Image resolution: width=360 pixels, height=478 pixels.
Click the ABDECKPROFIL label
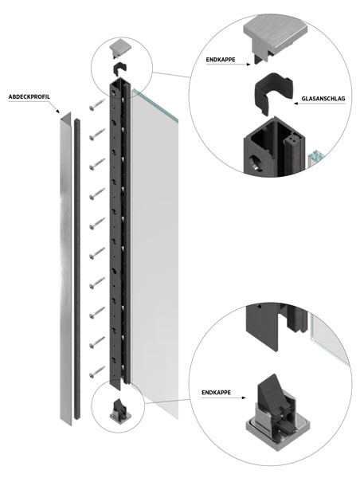pos(29,97)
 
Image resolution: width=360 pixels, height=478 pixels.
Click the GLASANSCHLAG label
pos(323,99)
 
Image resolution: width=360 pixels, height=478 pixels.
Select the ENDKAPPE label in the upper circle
pos(221,60)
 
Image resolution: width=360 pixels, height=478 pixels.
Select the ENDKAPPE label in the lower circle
pos(216,392)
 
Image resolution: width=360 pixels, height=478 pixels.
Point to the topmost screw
pos(97,104)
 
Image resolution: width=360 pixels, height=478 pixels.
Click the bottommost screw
pos(97,373)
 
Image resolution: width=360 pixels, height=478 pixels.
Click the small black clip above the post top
pos(120,69)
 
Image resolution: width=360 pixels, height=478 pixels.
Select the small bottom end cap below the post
pos(120,409)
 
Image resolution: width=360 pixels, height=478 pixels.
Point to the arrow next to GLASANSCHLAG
pos(319,104)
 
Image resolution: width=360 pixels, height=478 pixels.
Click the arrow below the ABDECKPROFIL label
pos(53,108)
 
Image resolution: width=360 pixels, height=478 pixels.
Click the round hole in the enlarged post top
pos(255,163)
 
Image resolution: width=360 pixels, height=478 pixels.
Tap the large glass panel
pos(155,253)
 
